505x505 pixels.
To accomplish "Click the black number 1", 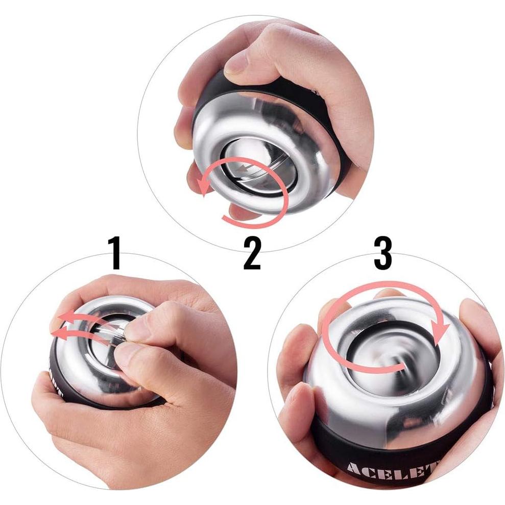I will pos(116,253).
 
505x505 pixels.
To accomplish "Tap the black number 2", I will pos(252,253).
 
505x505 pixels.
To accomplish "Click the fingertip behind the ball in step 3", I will pos(384,295).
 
